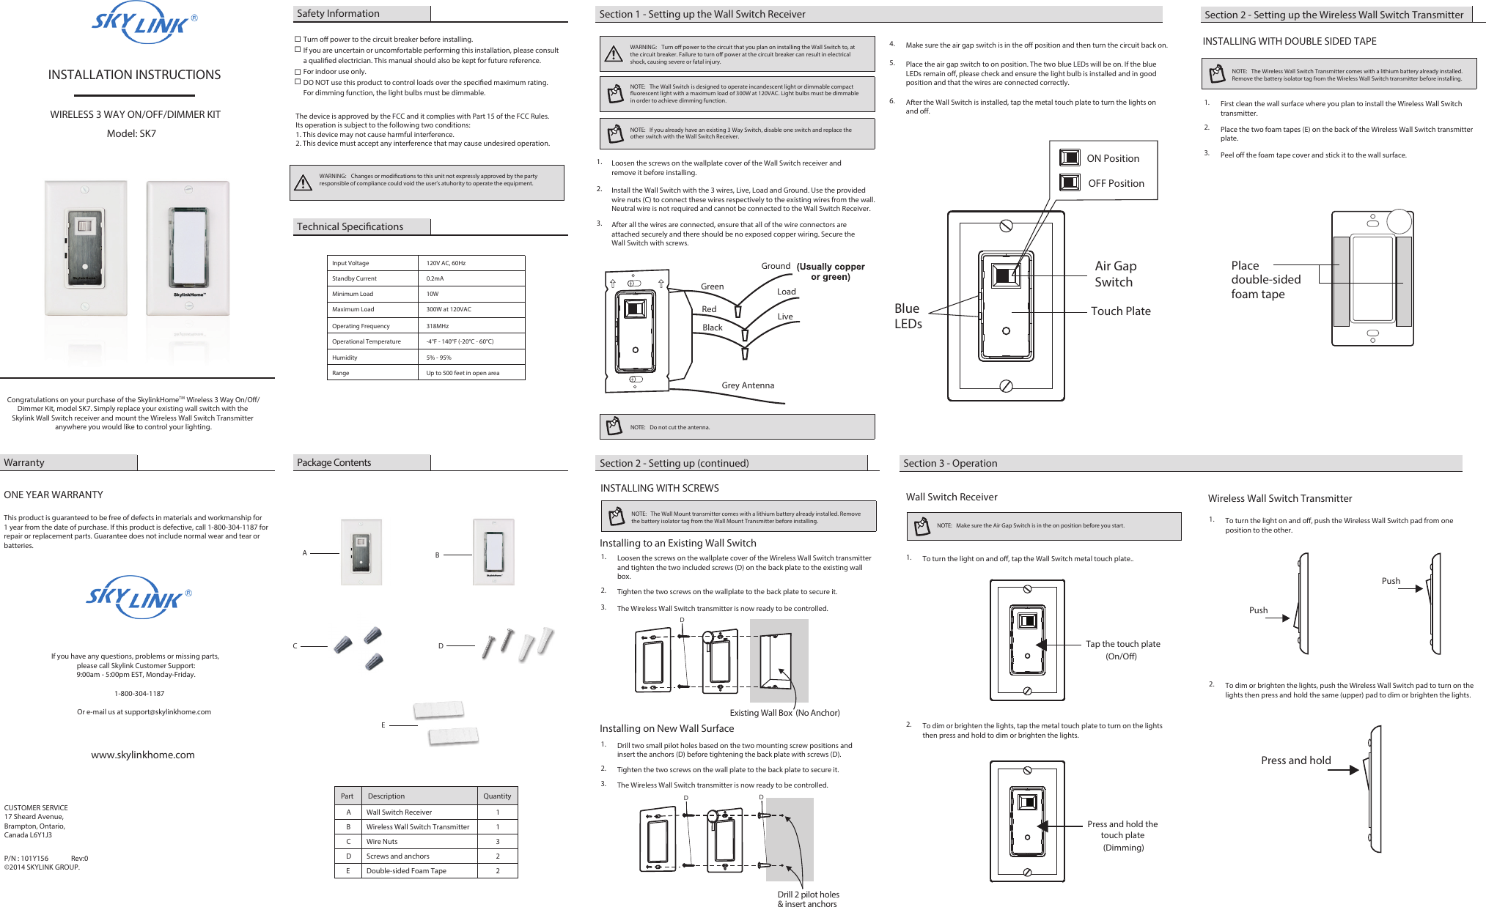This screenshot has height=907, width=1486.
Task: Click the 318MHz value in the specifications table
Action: pos(438,326)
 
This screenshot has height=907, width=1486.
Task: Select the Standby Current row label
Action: pos(354,278)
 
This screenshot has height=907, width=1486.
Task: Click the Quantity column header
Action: pos(497,796)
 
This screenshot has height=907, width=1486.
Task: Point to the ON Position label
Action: pos(1112,158)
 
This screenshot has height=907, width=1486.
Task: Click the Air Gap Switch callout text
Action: pos(1115,274)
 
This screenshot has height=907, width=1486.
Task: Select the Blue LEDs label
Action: pos(908,316)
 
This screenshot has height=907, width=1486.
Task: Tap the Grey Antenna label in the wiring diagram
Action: pos(747,385)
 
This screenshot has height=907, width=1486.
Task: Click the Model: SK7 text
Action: pos(131,133)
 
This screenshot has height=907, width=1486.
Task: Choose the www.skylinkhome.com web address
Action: pos(143,755)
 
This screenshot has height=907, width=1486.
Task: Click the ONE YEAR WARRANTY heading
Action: pos(54,495)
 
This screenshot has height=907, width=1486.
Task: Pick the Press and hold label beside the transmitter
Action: pos(1295,760)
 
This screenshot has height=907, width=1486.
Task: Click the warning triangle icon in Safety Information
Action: pos(303,182)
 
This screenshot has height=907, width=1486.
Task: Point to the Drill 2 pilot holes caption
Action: pos(808,899)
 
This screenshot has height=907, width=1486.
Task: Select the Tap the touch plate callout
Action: pos(1122,650)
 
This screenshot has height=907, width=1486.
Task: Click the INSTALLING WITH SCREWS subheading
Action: pos(659,488)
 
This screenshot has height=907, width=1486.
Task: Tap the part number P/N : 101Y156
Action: pos(26,858)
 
